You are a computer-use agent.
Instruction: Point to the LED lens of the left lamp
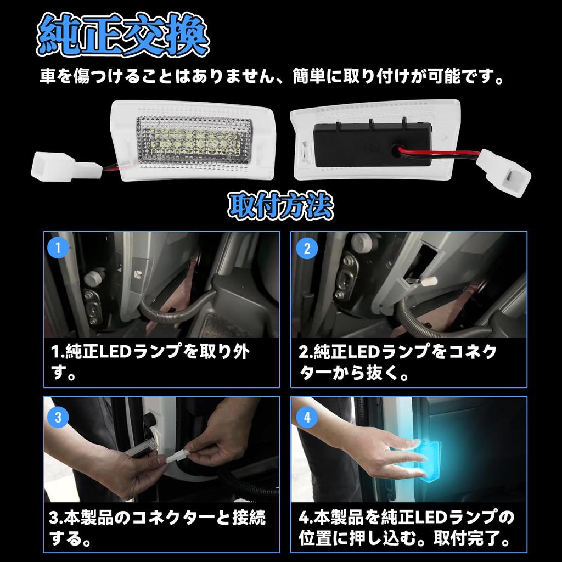click(x=192, y=138)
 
